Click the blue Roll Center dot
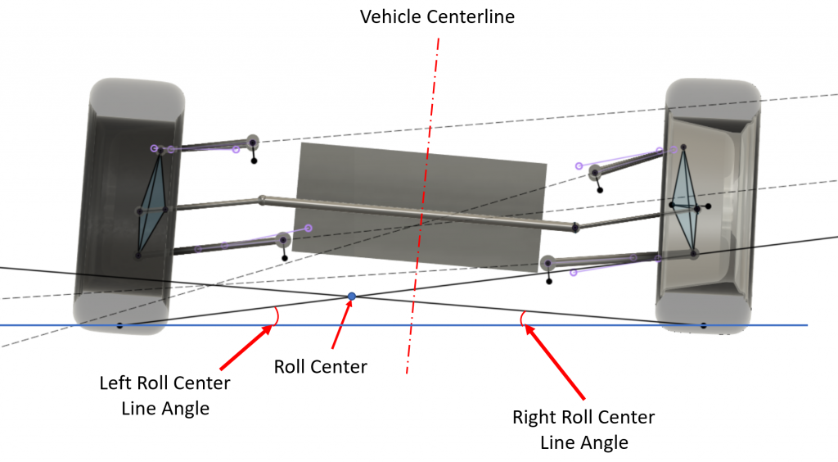point(352,296)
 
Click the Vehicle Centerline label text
point(438,16)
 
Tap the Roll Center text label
point(321,366)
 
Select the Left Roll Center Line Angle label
point(164,395)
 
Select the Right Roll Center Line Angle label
point(583,430)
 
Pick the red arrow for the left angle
point(245,344)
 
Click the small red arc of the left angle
point(278,315)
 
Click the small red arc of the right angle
point(522,318)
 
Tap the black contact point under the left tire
point(119,326)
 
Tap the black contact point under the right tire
point(702,325)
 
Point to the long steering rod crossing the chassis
point(417,212)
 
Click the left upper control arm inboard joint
point(253,142)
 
